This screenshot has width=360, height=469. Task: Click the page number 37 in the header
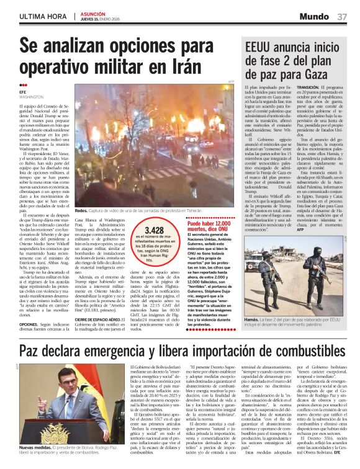(x=342, y=17)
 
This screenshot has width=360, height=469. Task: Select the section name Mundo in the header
(x=314, y=17)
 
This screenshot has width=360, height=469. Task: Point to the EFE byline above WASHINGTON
(x=22, y=92)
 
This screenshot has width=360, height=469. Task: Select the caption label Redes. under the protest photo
(x=82, y=212)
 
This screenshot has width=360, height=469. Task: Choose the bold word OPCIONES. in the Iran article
(x=29, y=324)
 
